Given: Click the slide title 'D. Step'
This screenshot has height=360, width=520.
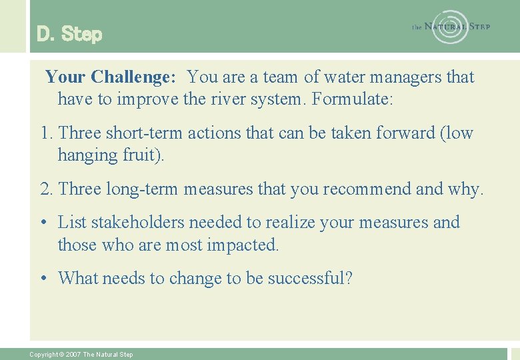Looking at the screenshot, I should (x=69, y=34).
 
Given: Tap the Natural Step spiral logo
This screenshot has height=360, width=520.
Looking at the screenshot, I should (x=451, y=27).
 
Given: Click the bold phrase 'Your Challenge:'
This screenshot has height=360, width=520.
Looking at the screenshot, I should (x=111, y=77).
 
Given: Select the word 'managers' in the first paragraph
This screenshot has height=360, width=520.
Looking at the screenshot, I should (x=405, y=77).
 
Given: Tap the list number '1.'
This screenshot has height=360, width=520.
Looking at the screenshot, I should (x=47, y=133).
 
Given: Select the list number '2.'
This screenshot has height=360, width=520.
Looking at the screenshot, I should (x=47, y=189).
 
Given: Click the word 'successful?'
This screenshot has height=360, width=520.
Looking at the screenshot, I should (x=309, y=278).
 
